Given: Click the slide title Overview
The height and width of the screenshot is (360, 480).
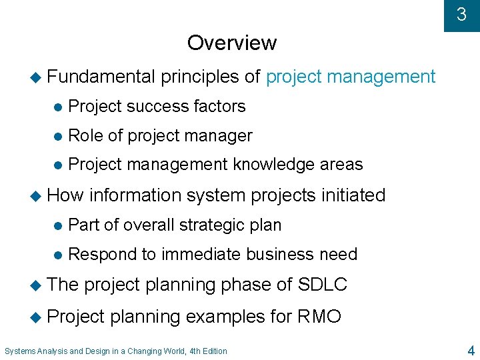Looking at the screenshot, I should point(231,43).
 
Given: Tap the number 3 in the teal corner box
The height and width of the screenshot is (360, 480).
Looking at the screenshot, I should point(461,14).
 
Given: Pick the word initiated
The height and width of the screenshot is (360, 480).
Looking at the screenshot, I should point(353,195).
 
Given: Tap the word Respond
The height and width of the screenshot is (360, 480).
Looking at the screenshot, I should point(101,255).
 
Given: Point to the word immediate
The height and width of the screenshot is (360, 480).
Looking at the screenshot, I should point(201,255).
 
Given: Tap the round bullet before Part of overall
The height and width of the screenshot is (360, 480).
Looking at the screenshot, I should point(58,225).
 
